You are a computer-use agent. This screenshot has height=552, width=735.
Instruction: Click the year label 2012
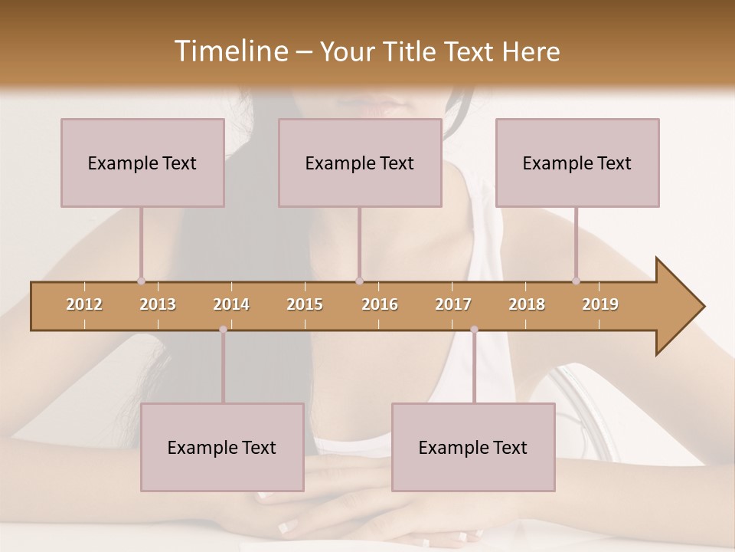[84, 304]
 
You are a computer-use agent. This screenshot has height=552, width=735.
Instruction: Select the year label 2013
[158, 304]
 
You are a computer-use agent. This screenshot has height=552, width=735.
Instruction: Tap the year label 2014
[231, 304]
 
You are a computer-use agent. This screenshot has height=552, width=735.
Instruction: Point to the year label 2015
[305, 304]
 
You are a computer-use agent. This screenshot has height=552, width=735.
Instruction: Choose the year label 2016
[380, 304]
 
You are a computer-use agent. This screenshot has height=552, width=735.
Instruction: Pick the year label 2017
[453, 304]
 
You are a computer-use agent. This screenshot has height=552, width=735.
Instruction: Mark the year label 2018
[527, 304]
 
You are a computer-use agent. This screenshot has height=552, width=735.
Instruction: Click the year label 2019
[600, 304]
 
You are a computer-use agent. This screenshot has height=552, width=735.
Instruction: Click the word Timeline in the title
[230, 51]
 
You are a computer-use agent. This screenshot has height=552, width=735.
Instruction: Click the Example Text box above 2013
[142, 163]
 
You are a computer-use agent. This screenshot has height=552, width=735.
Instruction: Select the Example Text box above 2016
[360, 163]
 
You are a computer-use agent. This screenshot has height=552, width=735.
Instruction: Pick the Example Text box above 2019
[577, 163]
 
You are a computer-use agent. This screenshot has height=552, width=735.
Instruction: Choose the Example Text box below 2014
[222, 447]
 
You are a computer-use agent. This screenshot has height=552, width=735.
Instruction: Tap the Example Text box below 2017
[473, 447]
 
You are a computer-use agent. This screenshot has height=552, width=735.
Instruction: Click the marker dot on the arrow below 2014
[223, 330]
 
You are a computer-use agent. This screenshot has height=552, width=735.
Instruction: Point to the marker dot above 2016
[359, 281]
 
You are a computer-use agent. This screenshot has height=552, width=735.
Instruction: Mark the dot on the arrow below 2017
[474, 330]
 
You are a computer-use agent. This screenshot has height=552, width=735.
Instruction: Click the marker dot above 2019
[576, 281]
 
